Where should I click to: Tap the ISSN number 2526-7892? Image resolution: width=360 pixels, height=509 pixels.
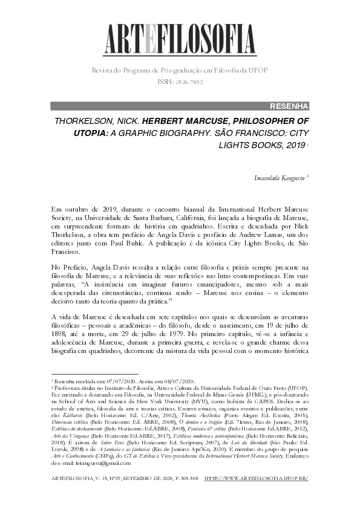188,82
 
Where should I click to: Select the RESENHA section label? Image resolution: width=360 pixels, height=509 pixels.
290,106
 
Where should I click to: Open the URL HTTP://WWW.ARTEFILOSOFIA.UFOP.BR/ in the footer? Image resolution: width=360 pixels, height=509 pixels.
257,478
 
